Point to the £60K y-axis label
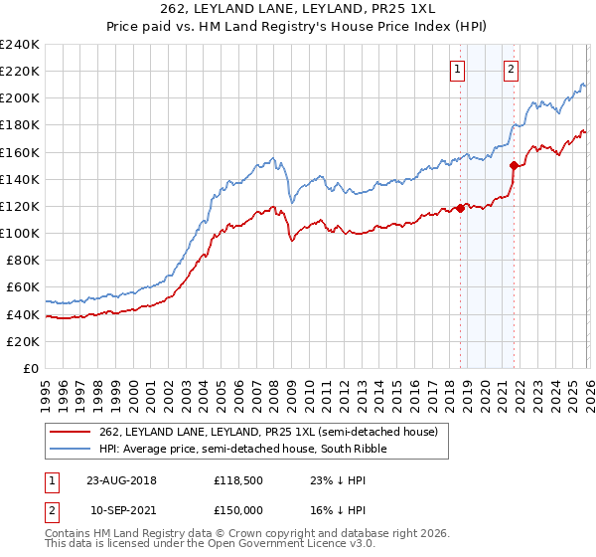tap(22, 286)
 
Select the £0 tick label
tap(31, 368)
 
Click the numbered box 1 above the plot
tap(457, 69)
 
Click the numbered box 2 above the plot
tap(511, 69)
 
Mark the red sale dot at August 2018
tap(461, 208)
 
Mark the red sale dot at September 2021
tap(514, 165)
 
